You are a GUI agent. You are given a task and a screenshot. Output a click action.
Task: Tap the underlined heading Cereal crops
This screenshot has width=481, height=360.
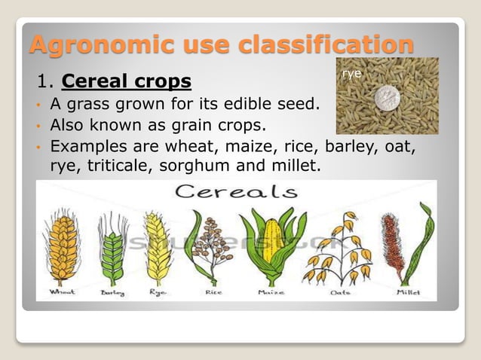pyautogui.click(x=126, y=80)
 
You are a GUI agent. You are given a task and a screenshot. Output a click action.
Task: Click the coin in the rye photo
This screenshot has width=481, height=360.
pyautogui.click(x=387, y=97)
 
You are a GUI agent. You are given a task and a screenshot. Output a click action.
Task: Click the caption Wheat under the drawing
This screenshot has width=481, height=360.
pyautogui.click(x=63, y=292)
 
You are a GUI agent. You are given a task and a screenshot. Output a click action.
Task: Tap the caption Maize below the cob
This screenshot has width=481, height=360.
pyautogui.click(x=271, y=292)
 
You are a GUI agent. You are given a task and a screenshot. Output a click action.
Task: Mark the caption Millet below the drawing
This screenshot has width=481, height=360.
pyautogui.click(x=407, y=292)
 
